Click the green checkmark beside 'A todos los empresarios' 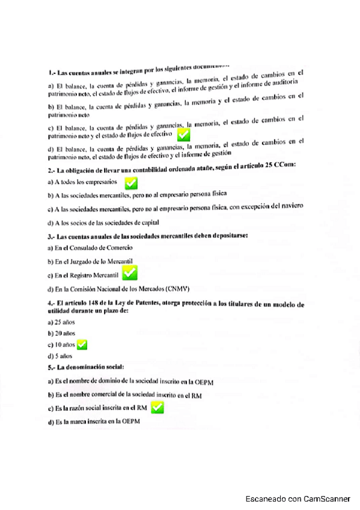click(130, 182)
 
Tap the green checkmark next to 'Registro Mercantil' click(129, 274)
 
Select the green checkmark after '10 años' click(82, 345)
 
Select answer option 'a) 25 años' click(61, 322)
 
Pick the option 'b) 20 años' click(61, 333)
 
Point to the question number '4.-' click(52, 305)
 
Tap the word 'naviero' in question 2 click(288, 205)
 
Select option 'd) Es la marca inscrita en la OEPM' click(93, 422)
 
